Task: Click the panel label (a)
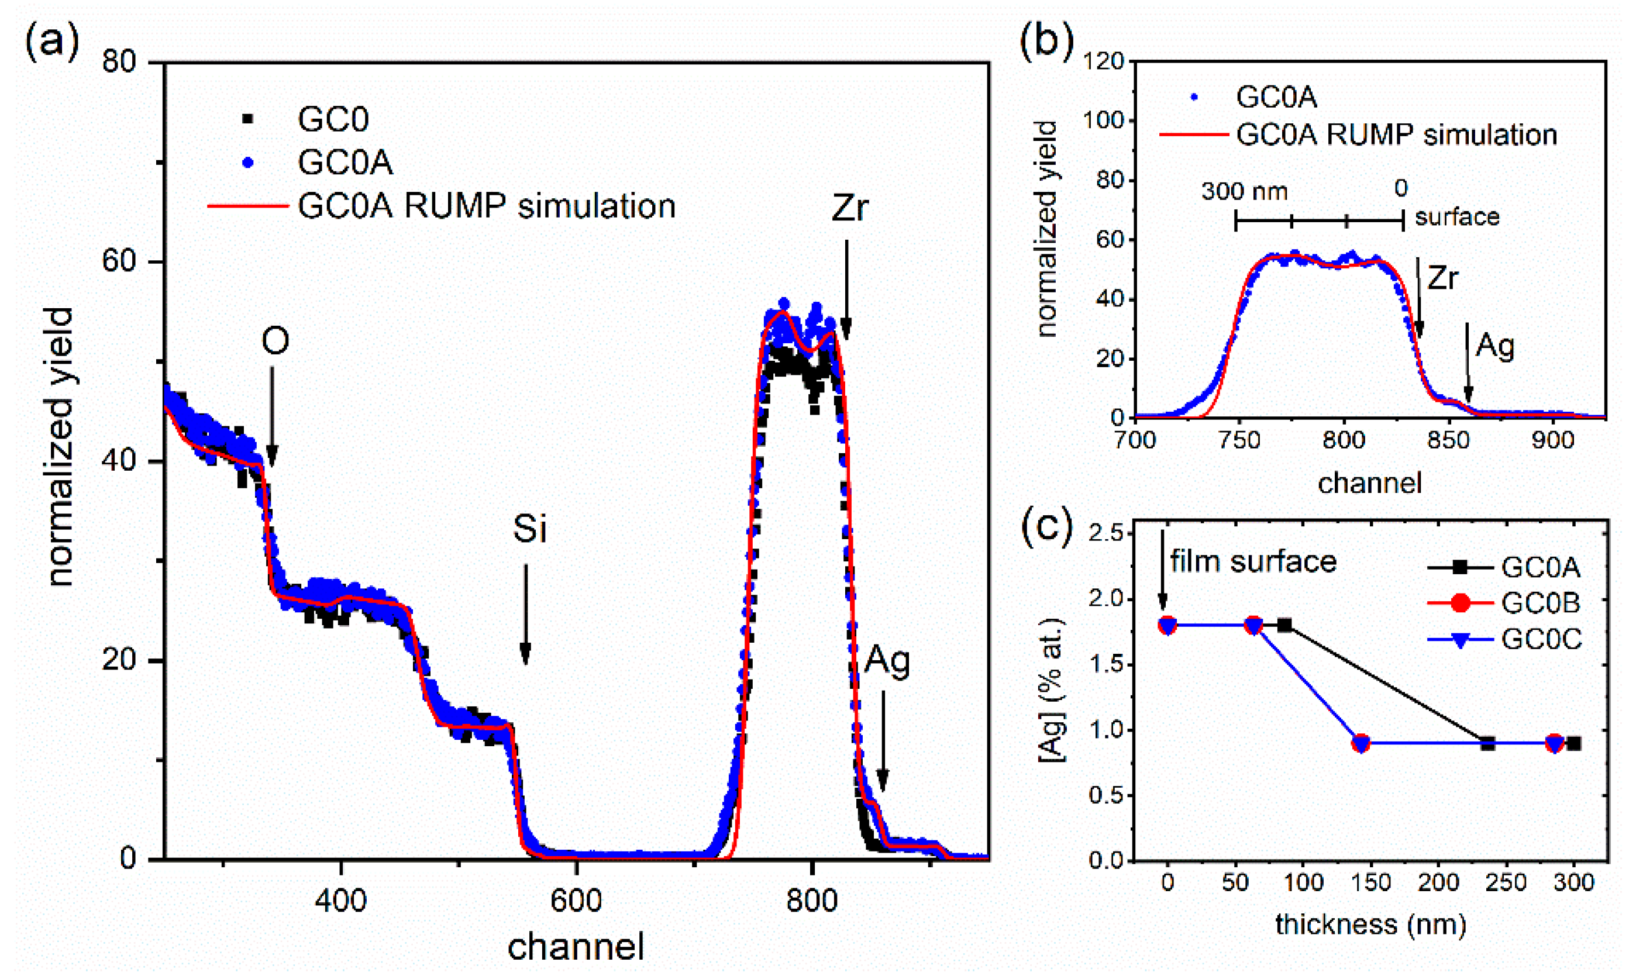51,42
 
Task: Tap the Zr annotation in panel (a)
849,208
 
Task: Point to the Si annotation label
529,528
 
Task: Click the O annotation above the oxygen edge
275,342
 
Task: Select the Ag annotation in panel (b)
1494,345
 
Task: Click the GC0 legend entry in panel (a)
332,119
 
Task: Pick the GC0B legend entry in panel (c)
1541,603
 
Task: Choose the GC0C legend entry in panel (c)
1541,639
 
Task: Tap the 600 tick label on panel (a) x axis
576,901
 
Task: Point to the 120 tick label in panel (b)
1104,61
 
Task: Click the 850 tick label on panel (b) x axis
1448,439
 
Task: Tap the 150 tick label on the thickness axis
1371,882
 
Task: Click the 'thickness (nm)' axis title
1370,924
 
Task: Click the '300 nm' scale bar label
1244,191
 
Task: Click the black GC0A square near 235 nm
1487,744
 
